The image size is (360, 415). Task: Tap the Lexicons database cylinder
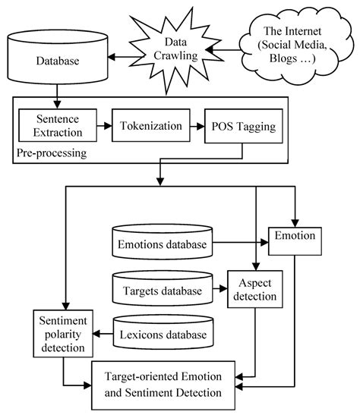[x=163, y=335]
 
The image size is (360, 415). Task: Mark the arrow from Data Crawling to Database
[x=122, y=57]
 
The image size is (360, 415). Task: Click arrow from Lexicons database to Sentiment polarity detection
[x=103, y=335]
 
